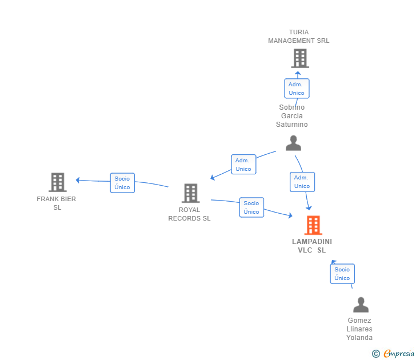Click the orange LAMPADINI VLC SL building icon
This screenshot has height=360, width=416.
pyautogui.click(x=313, y=225)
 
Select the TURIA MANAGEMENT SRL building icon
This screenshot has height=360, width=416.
pyautogui.click(x=300, y=58)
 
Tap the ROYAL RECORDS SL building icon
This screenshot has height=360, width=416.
pyautogui.click(x=191, y=193)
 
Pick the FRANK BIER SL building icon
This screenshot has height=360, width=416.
pyautogui.click(x=58, y=182)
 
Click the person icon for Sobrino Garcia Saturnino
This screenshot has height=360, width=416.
pyautogui.click(x=294, y=143)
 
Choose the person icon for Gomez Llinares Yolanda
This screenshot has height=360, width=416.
pyautogui.click(x=361, y=305)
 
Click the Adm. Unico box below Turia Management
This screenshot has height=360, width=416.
pyautogui.click(x=297, y=89)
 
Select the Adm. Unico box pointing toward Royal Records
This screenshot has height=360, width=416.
pyautogui.click(x=243, y=165)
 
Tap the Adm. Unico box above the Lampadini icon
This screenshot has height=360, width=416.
pyautogui.click(x=302, y=182)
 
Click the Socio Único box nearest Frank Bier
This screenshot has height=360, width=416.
pyautogui.click(x=122, y=183)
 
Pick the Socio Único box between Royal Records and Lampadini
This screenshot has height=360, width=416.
pyautogui.click(x=251, y=207)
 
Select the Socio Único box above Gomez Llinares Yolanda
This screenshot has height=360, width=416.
pyautogui.click(x=342, y=274)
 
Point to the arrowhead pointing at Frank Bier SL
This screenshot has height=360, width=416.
pyautogui.click(x=78, y=180)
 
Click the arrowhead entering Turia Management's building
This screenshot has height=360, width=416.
pyautogui.click(x=298, y=74)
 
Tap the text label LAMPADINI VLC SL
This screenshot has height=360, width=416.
pyautogui.click(x=312, y=246)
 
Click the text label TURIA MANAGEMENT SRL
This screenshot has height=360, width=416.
pyautogui.click(x=299, y=37)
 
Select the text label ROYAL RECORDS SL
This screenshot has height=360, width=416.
pyautogui.click(x=190, y=214)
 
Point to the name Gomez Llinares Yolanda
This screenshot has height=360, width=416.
pyautogui.click(x=359, y=329)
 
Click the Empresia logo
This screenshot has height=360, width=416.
pyautogui.click(x=399, y=353)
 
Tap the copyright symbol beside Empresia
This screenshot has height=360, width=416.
pyautogui.click(x=375, y=354)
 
